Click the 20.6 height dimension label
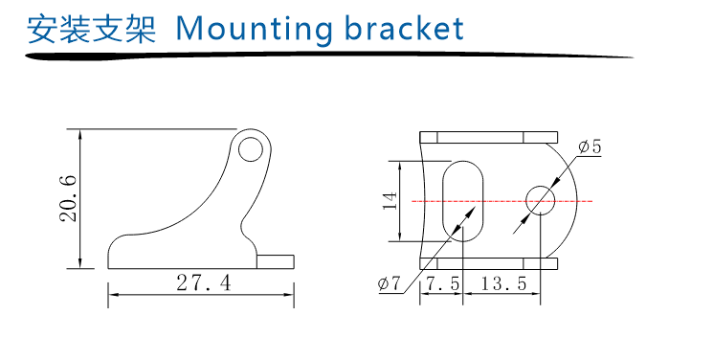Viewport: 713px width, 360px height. [68, 198]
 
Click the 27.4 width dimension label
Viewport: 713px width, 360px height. [204, 282]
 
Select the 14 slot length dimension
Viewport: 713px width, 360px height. [390, 201]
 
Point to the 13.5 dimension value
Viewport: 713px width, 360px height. [503, 283]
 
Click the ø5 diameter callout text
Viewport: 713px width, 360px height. [590, 146]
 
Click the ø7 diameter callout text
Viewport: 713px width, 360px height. [389, 283]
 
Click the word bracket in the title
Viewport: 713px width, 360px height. [405, 29]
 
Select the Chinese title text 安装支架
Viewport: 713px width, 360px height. [92, 30]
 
